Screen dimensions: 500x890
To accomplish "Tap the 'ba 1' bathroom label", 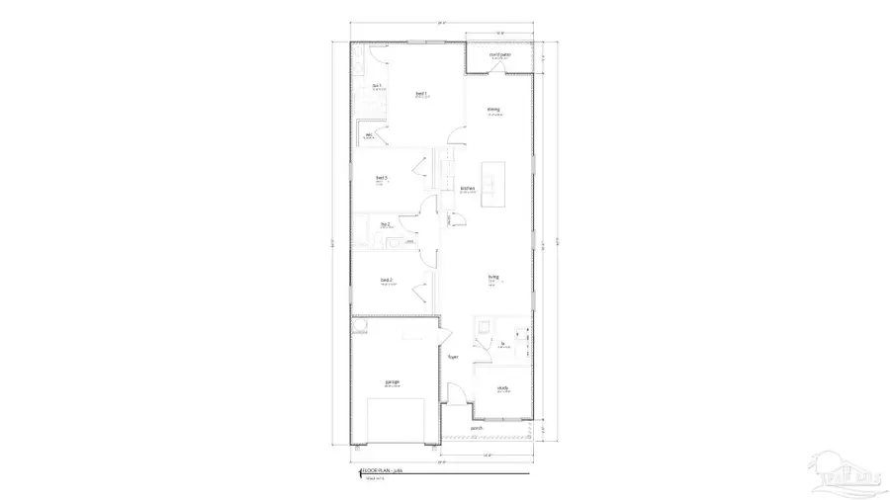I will tap(377, 86).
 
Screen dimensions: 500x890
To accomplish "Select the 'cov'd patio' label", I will tap(499, 55).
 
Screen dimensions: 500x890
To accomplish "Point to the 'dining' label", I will tap(492, 110).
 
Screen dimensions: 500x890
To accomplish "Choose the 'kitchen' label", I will tap(467, 188).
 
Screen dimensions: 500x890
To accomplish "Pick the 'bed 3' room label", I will tap(381, 178).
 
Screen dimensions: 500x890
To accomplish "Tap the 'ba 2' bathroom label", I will tap(386, 225).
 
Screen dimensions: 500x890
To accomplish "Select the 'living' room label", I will tap(491, 277).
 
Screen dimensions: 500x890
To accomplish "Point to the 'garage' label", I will tap(392, 381).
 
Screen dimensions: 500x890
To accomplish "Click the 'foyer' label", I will tap(453, 357).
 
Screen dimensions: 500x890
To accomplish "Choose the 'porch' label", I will tap(477, 428).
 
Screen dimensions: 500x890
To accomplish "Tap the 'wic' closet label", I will tap(369, 135).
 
